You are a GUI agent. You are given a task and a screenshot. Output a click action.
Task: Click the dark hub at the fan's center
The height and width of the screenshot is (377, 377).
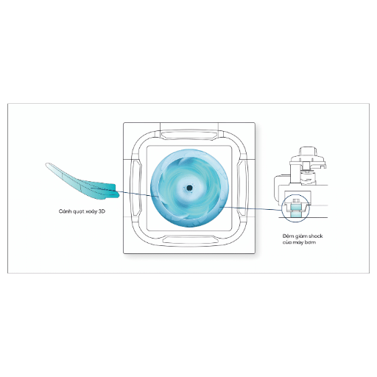click(x=189, y=188)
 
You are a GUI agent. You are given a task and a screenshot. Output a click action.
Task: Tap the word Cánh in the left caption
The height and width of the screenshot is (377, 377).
click(x=65, y=211)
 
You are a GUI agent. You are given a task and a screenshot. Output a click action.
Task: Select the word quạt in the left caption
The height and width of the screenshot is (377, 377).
click(x=79, y=212)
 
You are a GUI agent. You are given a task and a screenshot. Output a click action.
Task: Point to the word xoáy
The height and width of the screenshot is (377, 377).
click(x=91, y=212)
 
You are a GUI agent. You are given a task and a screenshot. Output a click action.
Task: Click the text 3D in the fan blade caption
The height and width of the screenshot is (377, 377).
click(x=102, y=211)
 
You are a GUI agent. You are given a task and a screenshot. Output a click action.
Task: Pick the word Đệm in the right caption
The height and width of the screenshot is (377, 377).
click(x=287, y=236)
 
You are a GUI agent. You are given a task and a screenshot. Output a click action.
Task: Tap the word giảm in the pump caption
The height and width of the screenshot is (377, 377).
click(x=300, y=236)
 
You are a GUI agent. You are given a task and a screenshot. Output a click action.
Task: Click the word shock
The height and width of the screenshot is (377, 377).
click(x=316, y=236)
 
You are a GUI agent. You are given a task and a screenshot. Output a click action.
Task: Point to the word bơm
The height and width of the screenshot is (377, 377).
click(x=311, y=242)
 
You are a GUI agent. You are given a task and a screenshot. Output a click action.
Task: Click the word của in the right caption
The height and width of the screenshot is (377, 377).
click(x=287, y=242)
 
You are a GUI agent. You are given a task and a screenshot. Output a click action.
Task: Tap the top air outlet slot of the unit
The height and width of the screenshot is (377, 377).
click(x=189, y=135)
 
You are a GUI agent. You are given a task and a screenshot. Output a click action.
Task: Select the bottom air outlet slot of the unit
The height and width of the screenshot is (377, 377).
click(x=189, y=240)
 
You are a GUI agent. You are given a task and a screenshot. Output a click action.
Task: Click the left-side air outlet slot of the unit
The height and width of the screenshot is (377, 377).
click(x=136, y=188)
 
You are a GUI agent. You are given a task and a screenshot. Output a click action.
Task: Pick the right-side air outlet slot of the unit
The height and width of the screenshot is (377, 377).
click(x=242, y=188)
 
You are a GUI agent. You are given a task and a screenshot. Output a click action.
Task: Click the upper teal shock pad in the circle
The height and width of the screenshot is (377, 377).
click(x=295, y=208)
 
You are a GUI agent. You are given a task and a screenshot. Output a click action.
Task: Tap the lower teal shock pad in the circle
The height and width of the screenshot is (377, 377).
click(x=295, y=215)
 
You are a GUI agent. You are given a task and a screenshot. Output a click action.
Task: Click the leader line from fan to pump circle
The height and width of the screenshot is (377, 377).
click(x=250, y=208)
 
